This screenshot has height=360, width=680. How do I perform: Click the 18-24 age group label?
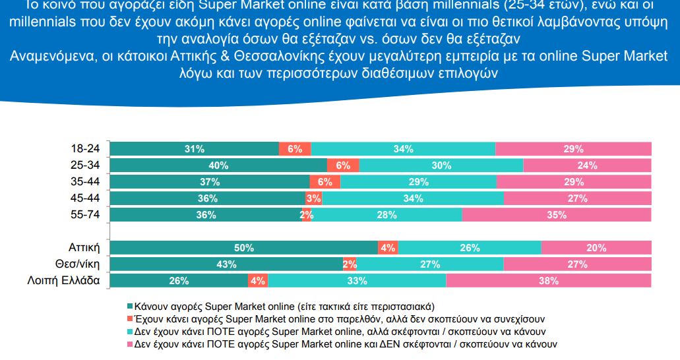[85, 149]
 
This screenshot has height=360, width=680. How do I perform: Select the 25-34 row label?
[85, 165]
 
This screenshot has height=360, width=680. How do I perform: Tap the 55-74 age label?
[85, 214]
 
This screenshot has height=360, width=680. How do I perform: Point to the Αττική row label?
[84, 248]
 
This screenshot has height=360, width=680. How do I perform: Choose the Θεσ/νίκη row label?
[78, 264]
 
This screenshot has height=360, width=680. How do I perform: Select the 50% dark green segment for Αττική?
[243, 248]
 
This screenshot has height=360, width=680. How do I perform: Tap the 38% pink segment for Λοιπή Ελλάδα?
[548, 281]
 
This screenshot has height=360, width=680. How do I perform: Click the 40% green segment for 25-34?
[218, 165]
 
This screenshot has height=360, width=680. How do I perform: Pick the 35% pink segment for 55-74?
[557, 214]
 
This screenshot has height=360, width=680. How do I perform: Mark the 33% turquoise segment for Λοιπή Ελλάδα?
[357, 281]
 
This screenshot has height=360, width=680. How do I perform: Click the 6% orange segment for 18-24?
[295, 149]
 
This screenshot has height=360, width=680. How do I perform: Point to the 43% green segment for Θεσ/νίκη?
[226, 264]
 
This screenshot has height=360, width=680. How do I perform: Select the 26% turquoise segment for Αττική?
[470, 248]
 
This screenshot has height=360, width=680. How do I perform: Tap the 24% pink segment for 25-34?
[587, 165]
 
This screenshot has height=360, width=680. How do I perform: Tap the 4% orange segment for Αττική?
[388, 248]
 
